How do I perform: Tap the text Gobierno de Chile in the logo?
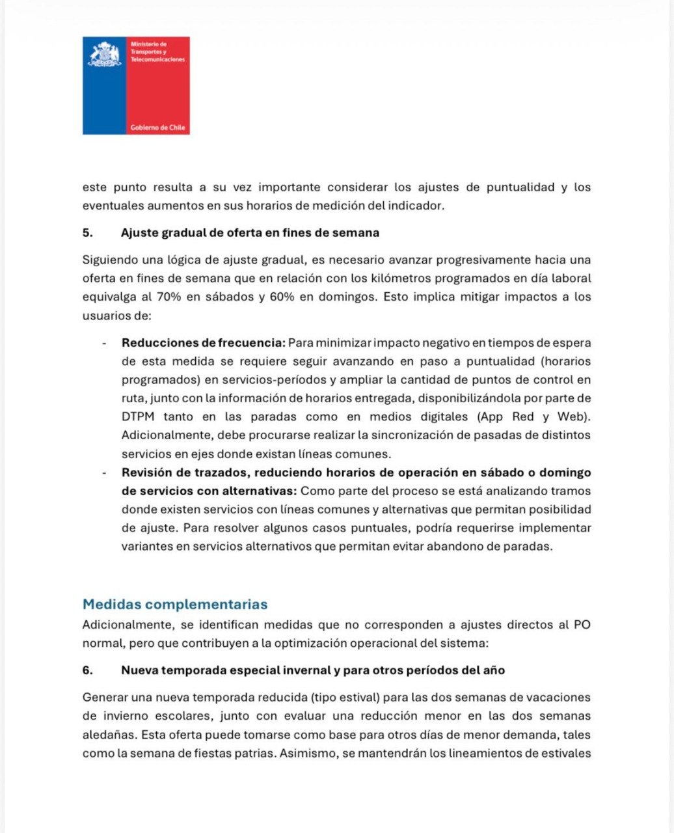pos(158,128)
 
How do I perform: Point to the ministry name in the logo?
pos(157,51)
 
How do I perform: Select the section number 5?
pos(87,233)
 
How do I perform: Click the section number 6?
pos(87,670)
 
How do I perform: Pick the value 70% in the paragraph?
pos(169,297)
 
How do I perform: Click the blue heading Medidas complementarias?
pos(175,604)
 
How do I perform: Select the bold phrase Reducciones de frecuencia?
pos(203,342)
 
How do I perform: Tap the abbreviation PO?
pos(582,625)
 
